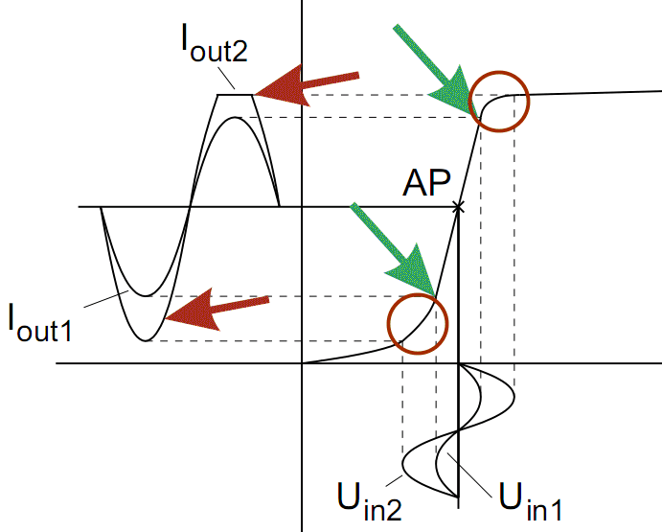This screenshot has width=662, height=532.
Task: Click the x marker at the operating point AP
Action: tap(458, 207)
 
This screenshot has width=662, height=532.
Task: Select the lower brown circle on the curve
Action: tap(417, 322)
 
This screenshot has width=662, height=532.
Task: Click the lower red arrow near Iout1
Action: tap(216, 310)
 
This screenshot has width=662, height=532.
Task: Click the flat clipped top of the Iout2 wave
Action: tap(237, 94)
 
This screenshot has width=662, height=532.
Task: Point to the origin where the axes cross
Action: tap(302, 363)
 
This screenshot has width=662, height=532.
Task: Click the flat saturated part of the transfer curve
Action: tap(594, 92)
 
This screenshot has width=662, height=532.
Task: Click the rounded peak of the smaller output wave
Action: tap(237, 117)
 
